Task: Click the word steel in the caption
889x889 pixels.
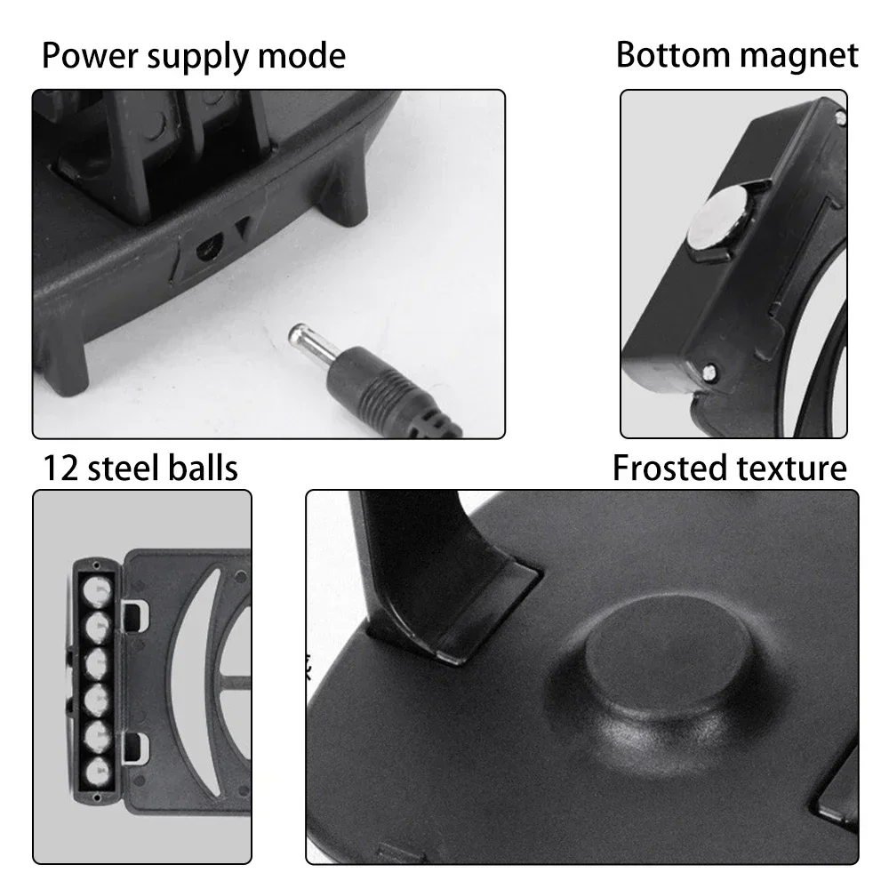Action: [x=126, y=468]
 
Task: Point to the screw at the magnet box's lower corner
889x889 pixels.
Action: [x=708, y=372]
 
